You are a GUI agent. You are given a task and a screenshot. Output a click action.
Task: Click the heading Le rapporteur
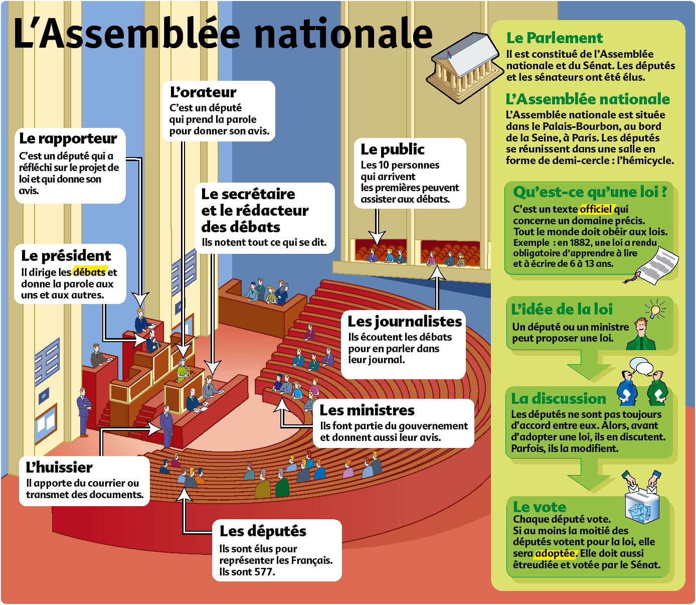[x=68, y=138]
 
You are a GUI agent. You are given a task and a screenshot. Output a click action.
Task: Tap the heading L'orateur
[x=203, y=92]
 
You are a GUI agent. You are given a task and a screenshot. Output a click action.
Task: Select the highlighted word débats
[x=89, y=272]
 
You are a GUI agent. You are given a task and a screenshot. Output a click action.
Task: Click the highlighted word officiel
[x=596, y=209]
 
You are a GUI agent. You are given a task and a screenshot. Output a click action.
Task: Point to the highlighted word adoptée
[x=555, y=553]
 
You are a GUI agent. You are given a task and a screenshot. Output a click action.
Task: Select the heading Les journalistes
[x=405, y=322]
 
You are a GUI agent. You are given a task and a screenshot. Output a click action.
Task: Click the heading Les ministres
[x=367, y=410]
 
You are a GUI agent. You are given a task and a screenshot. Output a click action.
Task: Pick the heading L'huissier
[x=59, y=468]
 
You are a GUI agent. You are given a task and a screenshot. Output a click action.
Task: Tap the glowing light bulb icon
[x=656, y=309]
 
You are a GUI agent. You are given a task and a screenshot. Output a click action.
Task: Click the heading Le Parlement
[x=555, y=38]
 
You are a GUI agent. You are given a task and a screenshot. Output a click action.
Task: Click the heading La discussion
[x=559, y=399]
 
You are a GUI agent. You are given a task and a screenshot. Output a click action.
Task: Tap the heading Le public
[x=392, y=149]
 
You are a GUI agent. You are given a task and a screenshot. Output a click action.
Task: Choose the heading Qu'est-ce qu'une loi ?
[x=590, y=192]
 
